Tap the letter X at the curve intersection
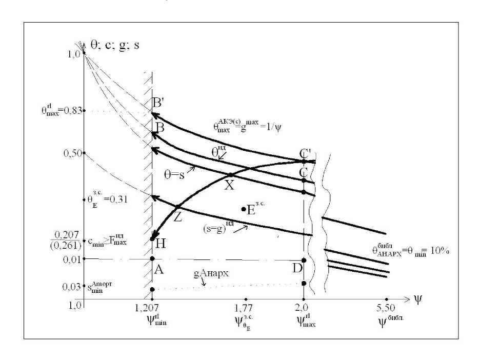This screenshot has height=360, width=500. [x=229, y=186]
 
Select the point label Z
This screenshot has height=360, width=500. [x=177, y=216]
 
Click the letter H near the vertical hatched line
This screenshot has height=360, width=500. [x=160, y=244]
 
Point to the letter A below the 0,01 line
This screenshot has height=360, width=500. [x=159, y=271]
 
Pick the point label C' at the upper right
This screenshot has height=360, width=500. [x=306, y=153]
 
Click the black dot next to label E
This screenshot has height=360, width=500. [x=244, y=209]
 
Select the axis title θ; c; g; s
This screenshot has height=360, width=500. [x=115, y=44]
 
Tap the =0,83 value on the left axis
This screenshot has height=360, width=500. [x=69, y=111]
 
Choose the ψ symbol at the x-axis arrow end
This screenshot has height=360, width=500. [x=418, y=299]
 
